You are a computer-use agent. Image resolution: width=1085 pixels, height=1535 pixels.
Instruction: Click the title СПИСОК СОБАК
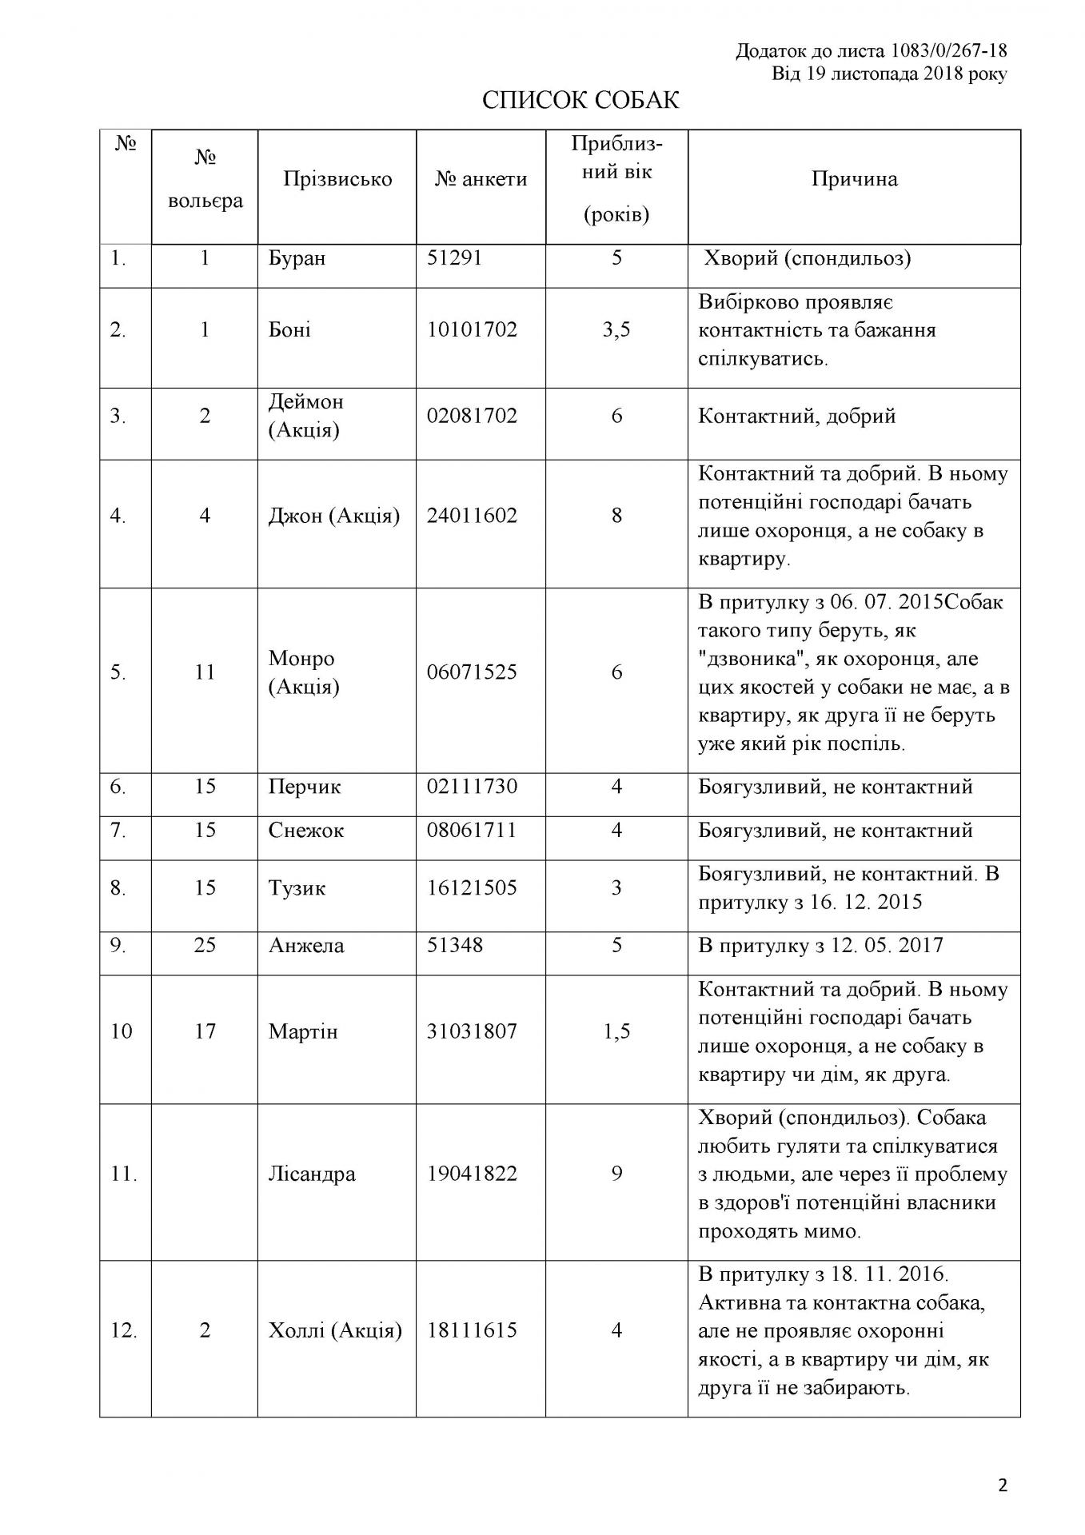tap(580, 101)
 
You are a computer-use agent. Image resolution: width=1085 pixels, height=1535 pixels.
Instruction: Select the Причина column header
tap(854, 179)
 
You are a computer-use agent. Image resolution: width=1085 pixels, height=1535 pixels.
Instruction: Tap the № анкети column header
tap(481, 179)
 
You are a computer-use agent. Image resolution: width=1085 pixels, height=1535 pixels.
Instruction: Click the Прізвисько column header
tap(337, 179)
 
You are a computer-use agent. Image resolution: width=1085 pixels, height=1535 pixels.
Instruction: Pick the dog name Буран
tap(297, 259)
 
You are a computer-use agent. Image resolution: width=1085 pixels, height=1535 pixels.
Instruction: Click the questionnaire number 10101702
tap(472, 330)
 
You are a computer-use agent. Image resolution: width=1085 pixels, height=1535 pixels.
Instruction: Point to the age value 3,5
tap(616, 330)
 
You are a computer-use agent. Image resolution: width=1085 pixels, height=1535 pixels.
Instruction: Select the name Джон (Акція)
tap(334, 516)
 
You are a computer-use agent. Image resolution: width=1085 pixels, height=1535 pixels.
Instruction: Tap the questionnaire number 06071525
tap(472, 672)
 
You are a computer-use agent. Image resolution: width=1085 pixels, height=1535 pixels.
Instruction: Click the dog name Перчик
tap(305, 787)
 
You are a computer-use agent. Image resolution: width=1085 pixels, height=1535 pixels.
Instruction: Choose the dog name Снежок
tap(306, 831)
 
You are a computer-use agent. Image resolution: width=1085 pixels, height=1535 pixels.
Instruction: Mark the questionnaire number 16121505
tap(472, 888)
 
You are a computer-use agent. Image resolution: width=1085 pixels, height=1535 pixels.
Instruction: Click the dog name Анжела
tap(306, 946)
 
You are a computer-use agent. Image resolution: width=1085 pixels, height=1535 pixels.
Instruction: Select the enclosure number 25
tap(205, 946)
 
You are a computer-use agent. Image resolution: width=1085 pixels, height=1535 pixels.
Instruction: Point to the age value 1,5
tap(616, 1032)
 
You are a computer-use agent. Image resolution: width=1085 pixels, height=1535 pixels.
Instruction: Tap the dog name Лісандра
tap(312, 1174)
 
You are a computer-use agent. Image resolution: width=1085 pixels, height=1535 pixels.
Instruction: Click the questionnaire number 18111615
tap(472, 1330)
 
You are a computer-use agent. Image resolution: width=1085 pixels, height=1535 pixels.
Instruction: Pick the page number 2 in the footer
tap(1003, 1486)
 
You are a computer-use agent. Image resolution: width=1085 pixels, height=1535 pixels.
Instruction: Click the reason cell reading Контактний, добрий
tap(797, 417)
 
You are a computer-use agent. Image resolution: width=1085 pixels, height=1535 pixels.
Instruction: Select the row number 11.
tap(124, 1174)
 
